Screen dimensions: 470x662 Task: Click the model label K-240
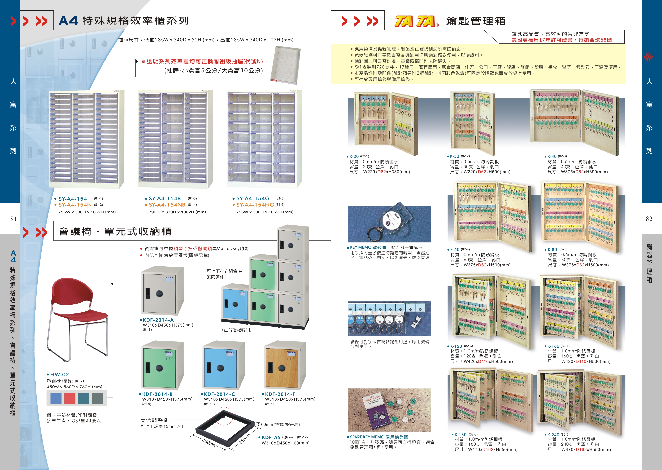pyautogui.click(x=553, y=435)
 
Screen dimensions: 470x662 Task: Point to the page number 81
pyautogui.click(x=14, y=219)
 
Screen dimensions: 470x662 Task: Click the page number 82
pyautogui.click(x=649, y=219)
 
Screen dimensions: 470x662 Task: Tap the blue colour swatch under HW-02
pyautogui.click(x=56, y=398)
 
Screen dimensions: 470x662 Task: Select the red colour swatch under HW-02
pyautogui.click(x=70, y=398)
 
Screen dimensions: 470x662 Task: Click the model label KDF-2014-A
pyautogui.click(x=158, y=320)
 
